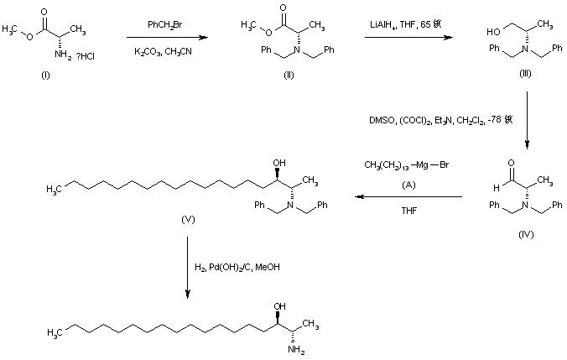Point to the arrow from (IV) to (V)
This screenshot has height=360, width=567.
408,197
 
